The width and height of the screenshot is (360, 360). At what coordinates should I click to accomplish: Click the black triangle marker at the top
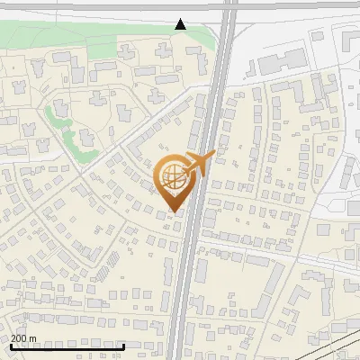pyautogui.click(x=181, y=24)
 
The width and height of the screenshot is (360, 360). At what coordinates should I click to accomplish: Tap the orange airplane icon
pyautogui.click(x=199, y=163)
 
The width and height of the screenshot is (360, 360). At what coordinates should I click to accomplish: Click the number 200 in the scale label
pyautogui.click(x=20, y=338)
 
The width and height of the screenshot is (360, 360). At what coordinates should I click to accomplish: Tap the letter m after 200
pyautogui.click(x=33, y=338)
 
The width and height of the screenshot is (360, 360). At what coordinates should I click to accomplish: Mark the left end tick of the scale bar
pyautogui.click(x=11, y=346)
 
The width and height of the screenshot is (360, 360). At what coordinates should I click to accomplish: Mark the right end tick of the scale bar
pyautogui.click(x=123, y=346)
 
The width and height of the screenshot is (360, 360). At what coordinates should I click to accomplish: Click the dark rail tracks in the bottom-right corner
pyautogui.click(x=337, y=346)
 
